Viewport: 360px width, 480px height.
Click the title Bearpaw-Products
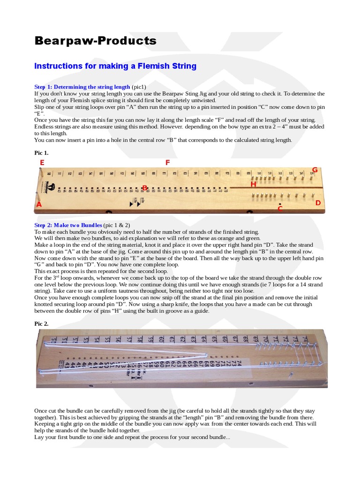tap(96, 41)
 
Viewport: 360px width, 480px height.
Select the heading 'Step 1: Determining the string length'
tap(82, 87)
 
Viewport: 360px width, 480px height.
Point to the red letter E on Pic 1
tap(42, 163)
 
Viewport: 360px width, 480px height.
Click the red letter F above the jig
tap(167, 163)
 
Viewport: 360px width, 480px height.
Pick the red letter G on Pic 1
tap(315, 170)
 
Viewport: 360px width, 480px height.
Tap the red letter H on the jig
tap(253, 185)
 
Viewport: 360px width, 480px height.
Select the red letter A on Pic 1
tap(39, 204)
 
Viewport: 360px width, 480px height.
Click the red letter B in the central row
tap(145, 188)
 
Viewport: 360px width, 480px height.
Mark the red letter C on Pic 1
tap(280, 209)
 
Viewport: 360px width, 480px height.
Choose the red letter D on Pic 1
tap(318, 202)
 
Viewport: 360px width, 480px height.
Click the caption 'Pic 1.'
tap(41, 153)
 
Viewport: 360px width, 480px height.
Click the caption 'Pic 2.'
tap(41, 323)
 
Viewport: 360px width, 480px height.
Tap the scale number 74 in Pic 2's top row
tap(305, 338)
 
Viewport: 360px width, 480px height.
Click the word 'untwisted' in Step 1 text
tap(202, 100)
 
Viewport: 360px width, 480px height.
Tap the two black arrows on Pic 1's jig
tap(135, 203)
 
